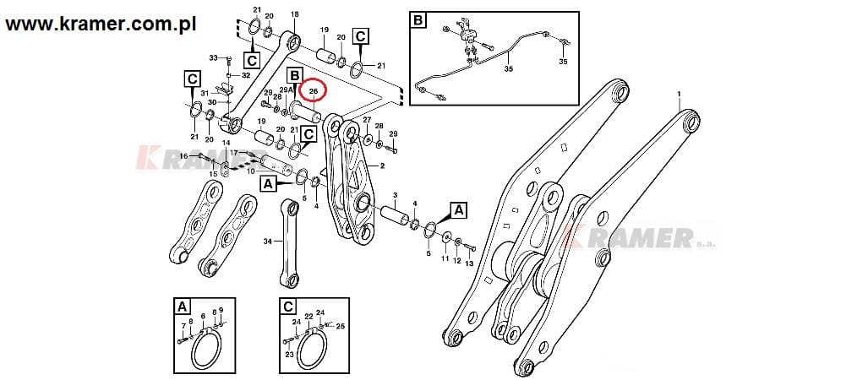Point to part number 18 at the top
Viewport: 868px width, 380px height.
click(x=294, y=15)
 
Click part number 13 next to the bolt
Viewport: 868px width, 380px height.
click(x=470, y=263)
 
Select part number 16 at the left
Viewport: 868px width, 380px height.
click(x=183, y=156)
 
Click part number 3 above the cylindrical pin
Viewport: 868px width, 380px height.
click(x=395, y=196)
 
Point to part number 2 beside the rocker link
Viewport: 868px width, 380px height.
click(x=382, y=166)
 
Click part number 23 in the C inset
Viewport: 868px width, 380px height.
click(x=289, y=355)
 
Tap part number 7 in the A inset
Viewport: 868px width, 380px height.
click(x=183, y=326)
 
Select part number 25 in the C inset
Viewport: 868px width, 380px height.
click(x=341, y=325)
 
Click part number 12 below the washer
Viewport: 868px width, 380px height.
click(x=457, y=260)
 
